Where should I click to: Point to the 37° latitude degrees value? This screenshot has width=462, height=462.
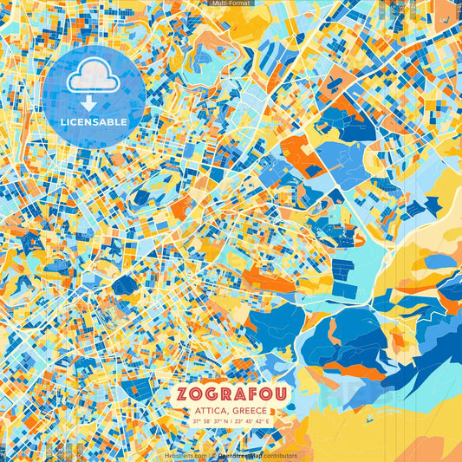(x=197, y=421)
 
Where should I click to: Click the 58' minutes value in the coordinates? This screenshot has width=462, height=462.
(x=207, y=421)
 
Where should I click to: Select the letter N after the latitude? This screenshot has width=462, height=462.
(x=228, y=421)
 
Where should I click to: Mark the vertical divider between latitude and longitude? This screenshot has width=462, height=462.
(x=232, y=421)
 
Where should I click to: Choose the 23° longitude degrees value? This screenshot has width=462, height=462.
(x=239, y=421)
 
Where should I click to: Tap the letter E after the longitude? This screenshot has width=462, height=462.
(x=269, y=421)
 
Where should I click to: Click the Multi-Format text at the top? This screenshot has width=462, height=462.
(x=231, y=3)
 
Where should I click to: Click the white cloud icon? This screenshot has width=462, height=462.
(x=93, y=78)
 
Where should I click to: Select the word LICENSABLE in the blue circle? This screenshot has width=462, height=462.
(x=93, y=121)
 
